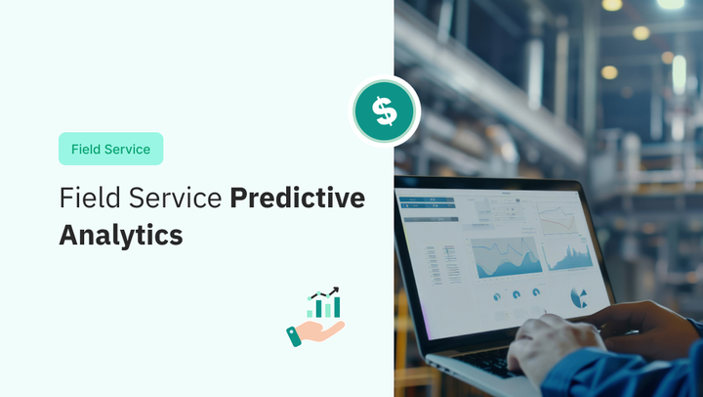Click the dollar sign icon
coord(385,111)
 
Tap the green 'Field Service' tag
coord(110,149)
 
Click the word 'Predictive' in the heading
coord(297,198)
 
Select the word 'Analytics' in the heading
coord(120,235)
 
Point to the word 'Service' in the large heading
coord(178,198)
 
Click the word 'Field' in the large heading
coord(90,198)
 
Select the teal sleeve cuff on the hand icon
coord(294,336)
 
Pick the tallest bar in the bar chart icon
coord(337,307)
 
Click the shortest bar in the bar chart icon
coord(310,313)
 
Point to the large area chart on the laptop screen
coord(507,256)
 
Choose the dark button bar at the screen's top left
coord(426,200)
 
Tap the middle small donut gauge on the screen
coord(516,294)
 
